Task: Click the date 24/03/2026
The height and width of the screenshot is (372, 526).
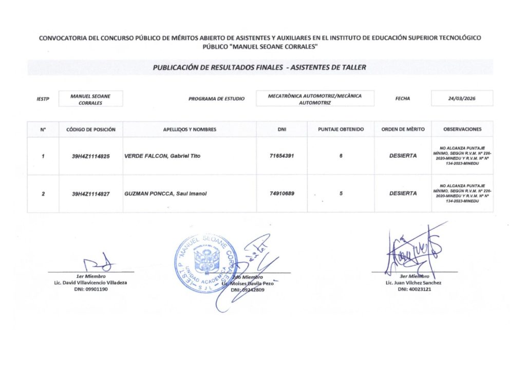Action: tap(462, 99)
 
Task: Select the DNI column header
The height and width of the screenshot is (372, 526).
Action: tap(281, 129)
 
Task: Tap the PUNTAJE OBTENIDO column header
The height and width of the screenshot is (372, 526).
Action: tap(341, 129)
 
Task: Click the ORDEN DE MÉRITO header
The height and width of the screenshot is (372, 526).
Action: tap(403, 129)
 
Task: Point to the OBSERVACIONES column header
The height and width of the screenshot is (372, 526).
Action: tap(462, 129)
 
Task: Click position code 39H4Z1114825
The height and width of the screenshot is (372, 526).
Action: tap(91, 156)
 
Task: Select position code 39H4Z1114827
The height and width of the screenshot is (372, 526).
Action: tap(91, 194)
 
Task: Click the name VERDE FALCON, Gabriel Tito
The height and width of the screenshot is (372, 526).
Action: tap(162, 156)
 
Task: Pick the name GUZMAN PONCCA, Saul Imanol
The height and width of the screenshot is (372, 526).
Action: tap(165, 194)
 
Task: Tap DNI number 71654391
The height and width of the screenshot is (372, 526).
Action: tap(281, 156)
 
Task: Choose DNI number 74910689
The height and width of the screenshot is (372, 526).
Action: tap(281, 194)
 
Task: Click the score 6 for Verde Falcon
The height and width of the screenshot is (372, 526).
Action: tap(341, 156)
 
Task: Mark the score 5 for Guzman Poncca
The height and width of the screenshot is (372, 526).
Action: tap(341, 194)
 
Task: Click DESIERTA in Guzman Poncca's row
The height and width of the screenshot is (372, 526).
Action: tap(403, 194)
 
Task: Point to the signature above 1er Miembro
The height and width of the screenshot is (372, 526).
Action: tap(100, 262)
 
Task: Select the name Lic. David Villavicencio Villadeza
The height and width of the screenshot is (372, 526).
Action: tap(90, 283)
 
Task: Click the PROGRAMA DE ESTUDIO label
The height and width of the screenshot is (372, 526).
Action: tap(217, 99)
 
